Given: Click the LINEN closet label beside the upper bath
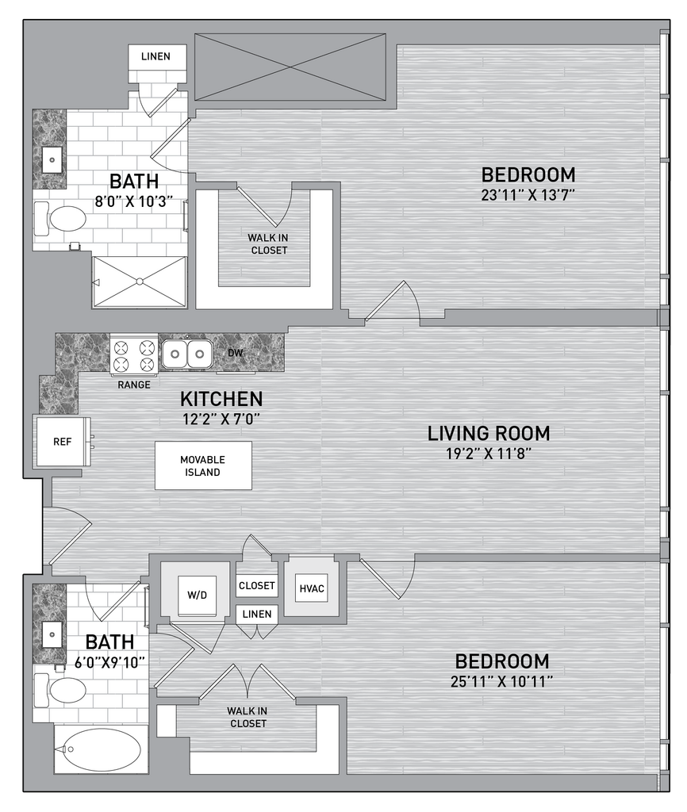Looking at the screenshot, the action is (155, 56).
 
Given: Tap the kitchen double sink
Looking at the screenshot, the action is (186, 354).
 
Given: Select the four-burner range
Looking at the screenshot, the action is (133, 354).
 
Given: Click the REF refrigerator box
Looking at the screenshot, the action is (62, 441).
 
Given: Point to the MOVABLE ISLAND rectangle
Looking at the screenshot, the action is (203, 465).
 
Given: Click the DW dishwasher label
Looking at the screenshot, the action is (236, 353).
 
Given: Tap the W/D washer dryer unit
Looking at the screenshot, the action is (197, 596).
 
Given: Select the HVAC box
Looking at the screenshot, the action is (312, 589).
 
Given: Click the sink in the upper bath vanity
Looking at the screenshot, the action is (52, 160).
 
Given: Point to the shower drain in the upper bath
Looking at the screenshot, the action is (140, 282).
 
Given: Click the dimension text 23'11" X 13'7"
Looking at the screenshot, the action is (528, 195).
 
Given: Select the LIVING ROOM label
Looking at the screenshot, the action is (489, 433).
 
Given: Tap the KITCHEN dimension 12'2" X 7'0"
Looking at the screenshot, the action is (221, 419).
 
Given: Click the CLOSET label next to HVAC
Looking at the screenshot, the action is (256, 585).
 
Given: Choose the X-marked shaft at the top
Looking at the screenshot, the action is (290, 67).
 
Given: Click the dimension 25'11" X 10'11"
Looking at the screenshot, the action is (501, 681).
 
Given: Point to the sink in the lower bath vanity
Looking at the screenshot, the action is (52, 634).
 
